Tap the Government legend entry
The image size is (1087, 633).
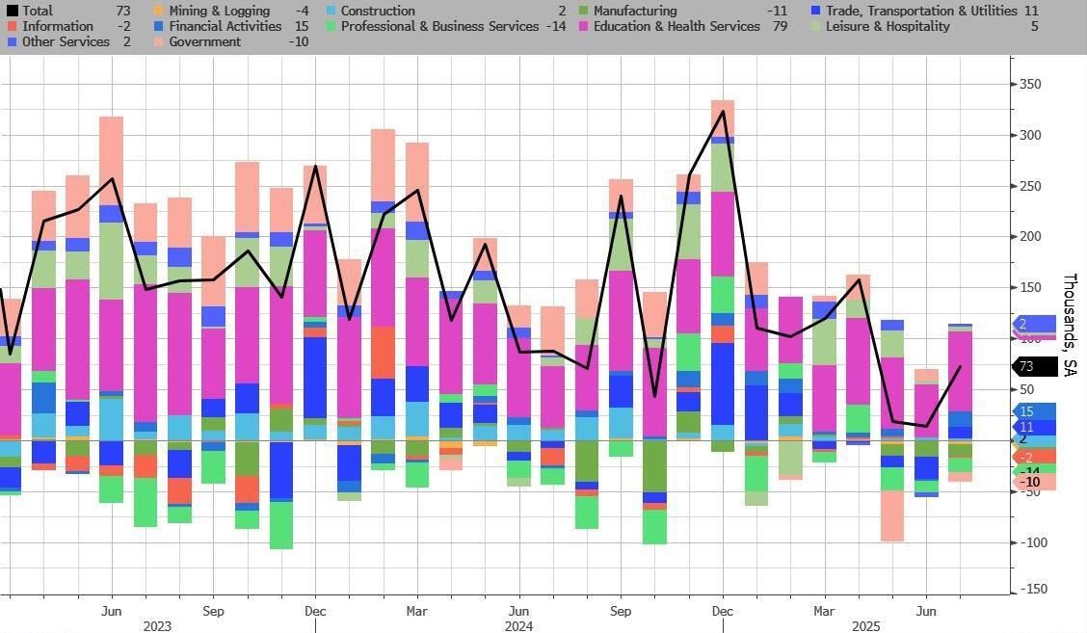pyautogui.click(x=204, y=41)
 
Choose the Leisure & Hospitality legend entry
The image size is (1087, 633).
pyautogui.click(x=888, y=26)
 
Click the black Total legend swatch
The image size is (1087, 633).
pyautogui.click(x=13, y=11)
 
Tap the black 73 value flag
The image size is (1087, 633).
pyautogui.click(x=1034, y=366)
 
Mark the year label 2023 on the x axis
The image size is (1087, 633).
pyautogui.click(x=157, y=626)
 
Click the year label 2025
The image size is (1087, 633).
pyautogui.click(x=864, y=626)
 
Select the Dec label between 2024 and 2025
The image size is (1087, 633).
pyautogui.click(x=723, y=611)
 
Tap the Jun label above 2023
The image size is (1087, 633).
pyautogui.click(x=112, y=611)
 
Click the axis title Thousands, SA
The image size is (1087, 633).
pyautogui.click(x=1070, y=324)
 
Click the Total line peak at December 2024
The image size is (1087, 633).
pyautogui.click(x=723, y=112)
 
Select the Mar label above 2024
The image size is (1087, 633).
pyautogui.click(x=416, y=611)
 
